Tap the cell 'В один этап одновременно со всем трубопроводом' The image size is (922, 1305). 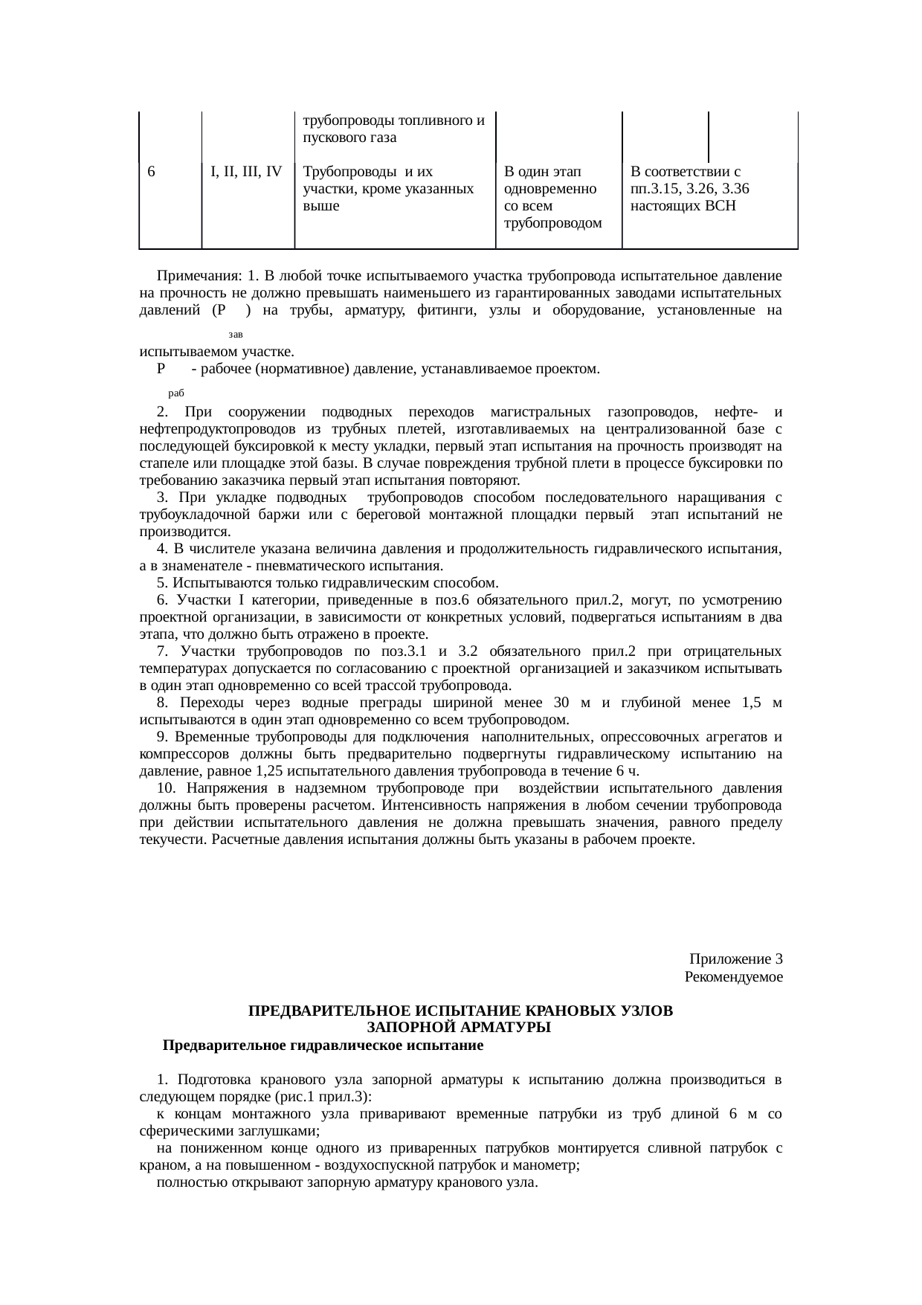pos(552,197)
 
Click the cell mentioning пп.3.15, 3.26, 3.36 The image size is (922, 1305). pos(689,189)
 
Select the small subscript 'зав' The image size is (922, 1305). pos(236,336)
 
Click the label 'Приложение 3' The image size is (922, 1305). pos(735,958)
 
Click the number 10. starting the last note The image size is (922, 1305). pos(167,788)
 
